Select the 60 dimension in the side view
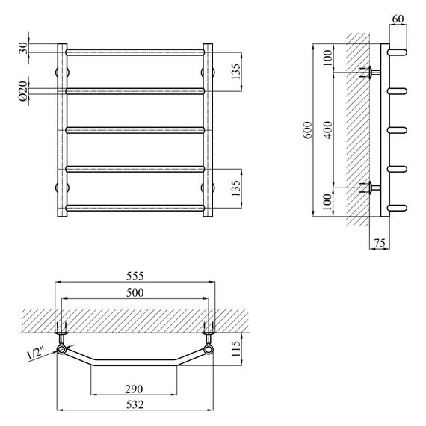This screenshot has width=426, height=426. (x=397, y=18)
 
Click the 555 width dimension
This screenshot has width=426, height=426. (x=135, y=275)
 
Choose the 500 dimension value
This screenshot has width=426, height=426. (x=135, y=292)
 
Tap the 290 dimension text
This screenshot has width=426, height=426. (x=135, y=389)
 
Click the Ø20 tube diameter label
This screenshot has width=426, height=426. (x=23, y=91)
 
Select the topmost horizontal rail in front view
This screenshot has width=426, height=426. (x=135, y=52)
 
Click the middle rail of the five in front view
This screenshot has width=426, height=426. (x=135, y=130)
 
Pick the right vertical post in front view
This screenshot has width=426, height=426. (x=208, y=130)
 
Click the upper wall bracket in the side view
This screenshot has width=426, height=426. (x=369, y=72)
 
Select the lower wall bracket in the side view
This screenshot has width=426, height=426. (x=369, y=187)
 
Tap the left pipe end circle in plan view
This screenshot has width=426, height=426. (x=61, y=349)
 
